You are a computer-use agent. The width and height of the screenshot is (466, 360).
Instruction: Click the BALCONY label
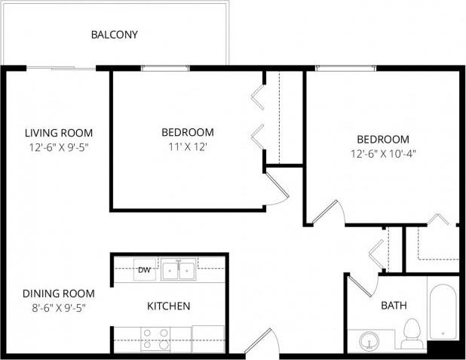pos(114,35)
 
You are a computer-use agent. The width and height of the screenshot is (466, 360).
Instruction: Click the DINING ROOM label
pos(58,294)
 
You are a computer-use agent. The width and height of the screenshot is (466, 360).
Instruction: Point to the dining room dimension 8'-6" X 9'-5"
pos(58,308)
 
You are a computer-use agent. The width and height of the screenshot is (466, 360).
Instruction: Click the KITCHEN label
pos(168,306)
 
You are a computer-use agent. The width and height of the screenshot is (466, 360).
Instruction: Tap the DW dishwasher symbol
pos(144,269)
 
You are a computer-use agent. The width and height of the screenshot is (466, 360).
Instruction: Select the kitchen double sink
pos(179,269)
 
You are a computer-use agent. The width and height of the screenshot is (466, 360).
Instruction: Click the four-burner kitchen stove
pos(155,339)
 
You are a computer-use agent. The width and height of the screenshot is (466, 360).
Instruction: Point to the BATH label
pos(394,306)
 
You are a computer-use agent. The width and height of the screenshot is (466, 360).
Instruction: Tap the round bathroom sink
pos(369,340)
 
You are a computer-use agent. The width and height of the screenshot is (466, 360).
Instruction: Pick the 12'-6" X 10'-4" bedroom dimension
pos(383,153)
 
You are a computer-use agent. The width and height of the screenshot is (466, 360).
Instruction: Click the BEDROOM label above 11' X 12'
pos(188,132)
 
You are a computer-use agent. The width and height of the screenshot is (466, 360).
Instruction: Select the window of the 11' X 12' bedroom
pos(164,69)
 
